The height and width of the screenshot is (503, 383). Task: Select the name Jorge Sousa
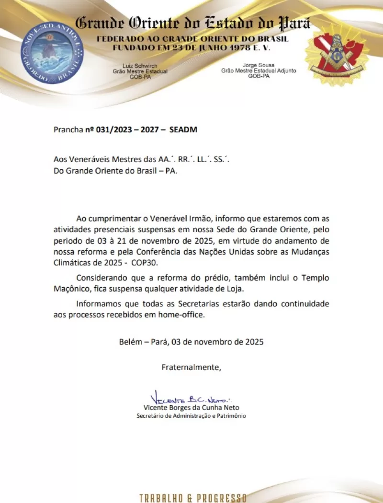pos(259,65)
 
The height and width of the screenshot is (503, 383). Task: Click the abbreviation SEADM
pos(183,129)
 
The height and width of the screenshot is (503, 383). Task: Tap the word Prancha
pos(68,129)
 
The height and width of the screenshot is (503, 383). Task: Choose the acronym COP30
pos(146,263)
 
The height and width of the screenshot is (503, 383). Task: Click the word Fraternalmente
pos(191,367)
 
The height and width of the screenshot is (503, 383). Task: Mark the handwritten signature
pos(191,399)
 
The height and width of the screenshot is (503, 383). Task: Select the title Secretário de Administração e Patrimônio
pos(191,416)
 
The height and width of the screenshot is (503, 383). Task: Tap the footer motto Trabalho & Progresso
pos(193,497)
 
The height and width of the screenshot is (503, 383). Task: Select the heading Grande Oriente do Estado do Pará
pos(193,23)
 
